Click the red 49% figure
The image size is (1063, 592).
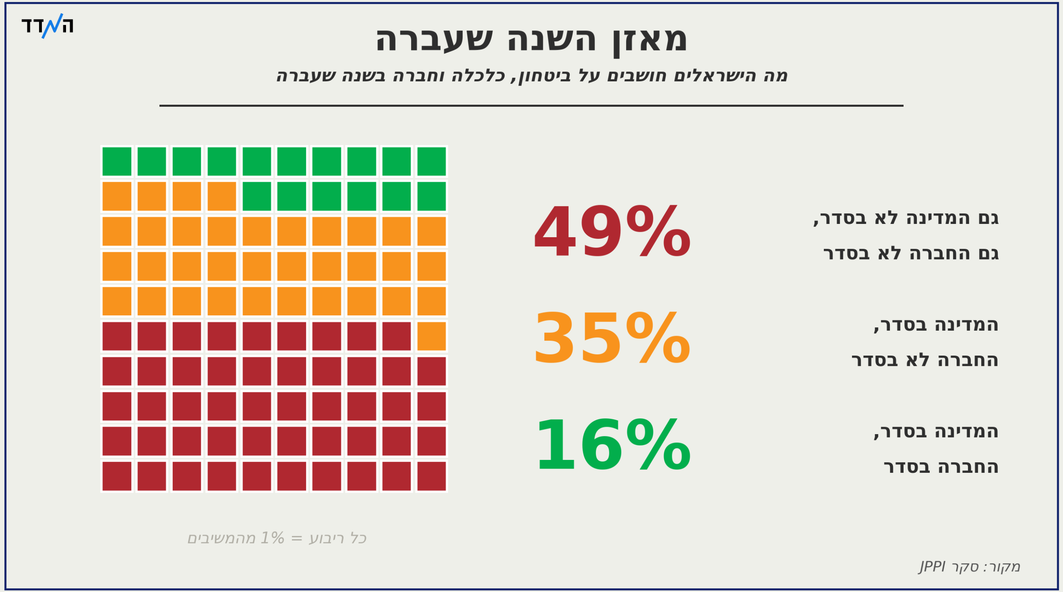(612, 231)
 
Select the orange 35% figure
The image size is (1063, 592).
(612, 338)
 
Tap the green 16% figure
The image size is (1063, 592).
(613, 445)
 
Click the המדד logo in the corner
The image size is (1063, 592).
(47, 26)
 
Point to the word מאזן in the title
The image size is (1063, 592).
(649, 40)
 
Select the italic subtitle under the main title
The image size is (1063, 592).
(532, 76)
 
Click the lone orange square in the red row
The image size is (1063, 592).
(431, 336)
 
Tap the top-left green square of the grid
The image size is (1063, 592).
(117, 161)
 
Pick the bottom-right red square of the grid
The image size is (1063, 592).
(431, 476)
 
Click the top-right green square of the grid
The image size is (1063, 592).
(431, 161)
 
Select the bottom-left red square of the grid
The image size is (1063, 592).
(117, 476)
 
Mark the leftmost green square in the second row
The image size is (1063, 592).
(257, 196)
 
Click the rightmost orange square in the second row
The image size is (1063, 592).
(222, 196)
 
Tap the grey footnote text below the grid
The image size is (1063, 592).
(277, 538)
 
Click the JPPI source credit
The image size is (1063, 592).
(970, 567)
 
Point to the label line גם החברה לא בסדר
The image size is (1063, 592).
(911, 253)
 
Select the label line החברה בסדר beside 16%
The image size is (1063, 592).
(941, 467)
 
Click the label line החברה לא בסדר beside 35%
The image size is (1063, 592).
(925, 360)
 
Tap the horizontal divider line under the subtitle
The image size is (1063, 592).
(531, 106)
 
